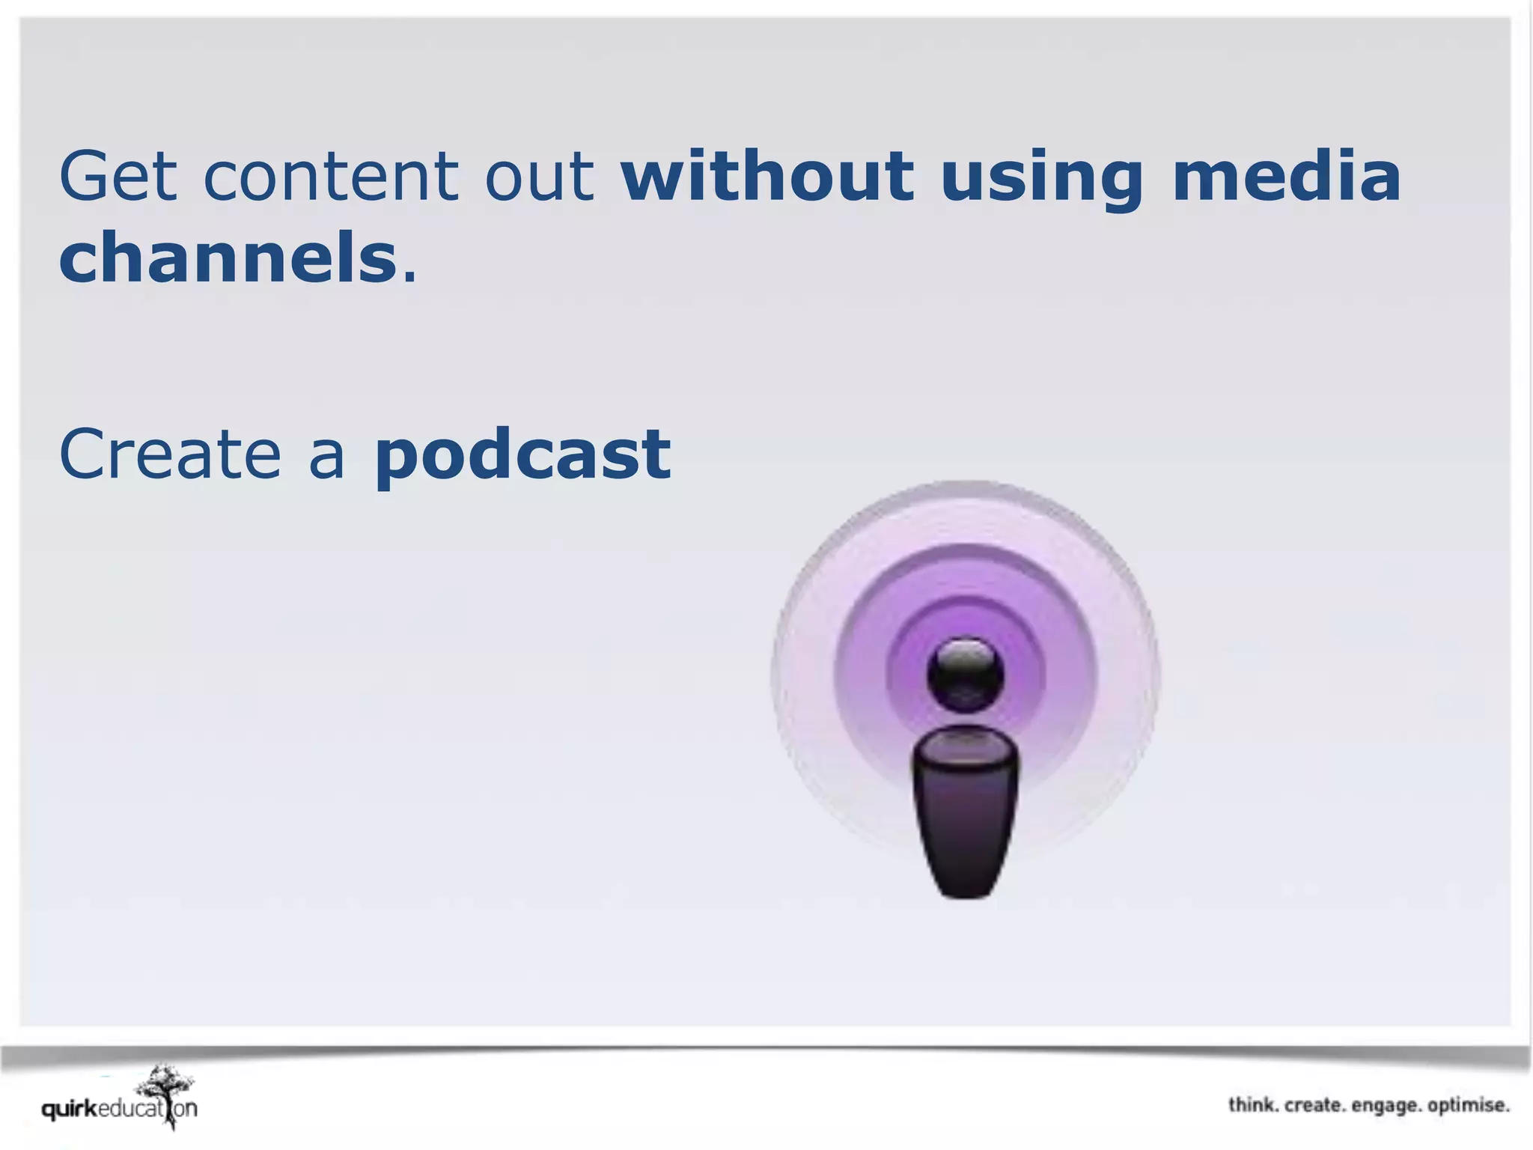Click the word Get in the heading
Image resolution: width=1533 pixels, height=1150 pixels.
[x=118, y=177]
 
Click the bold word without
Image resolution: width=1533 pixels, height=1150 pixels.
[x=767, y=177]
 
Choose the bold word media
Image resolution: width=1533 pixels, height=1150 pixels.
[x=1286, y=177]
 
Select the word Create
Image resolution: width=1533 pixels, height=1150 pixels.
[x=170, y=454]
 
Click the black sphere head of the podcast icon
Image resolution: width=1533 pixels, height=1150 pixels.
[x=965, y=674]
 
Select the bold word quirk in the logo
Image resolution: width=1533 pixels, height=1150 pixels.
[x=70, y=1109]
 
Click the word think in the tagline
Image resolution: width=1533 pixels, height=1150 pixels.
[x=1252, y=1105]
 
